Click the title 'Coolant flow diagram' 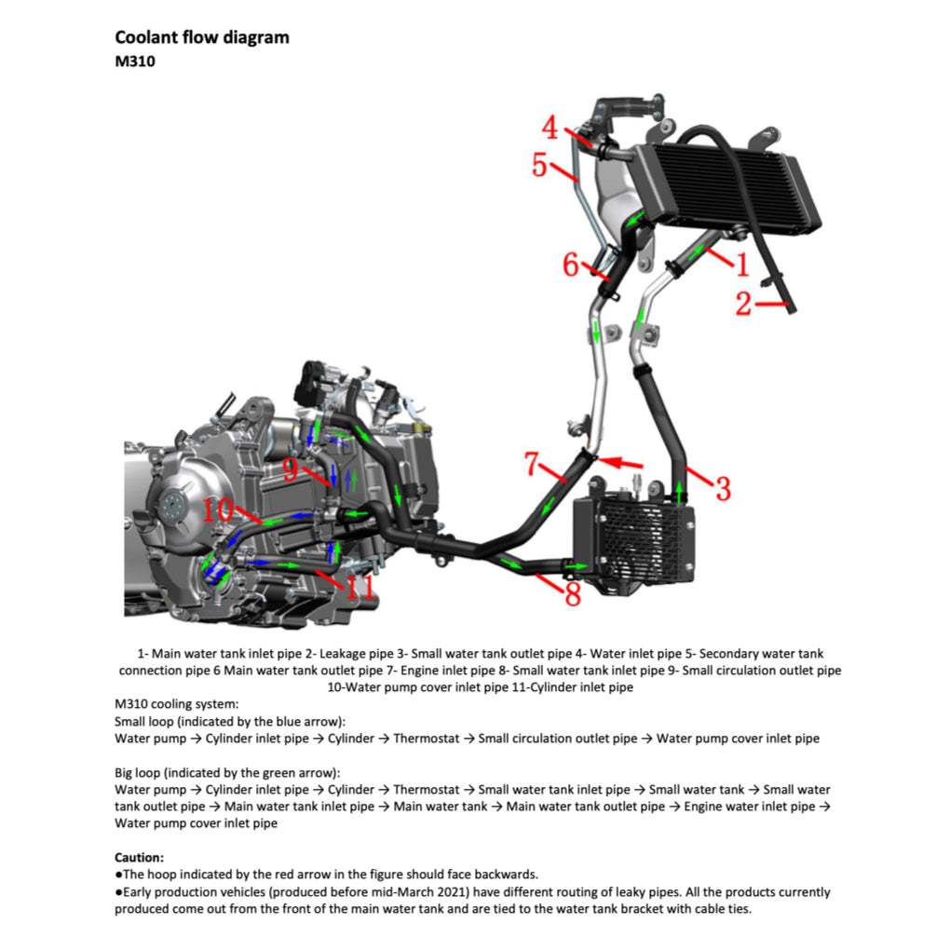[201, 37]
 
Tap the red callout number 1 [741, 265]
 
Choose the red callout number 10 [218, 509]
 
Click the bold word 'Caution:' [140, 857]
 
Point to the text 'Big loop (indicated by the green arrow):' [227, 773]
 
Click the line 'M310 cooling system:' [177, 704]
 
